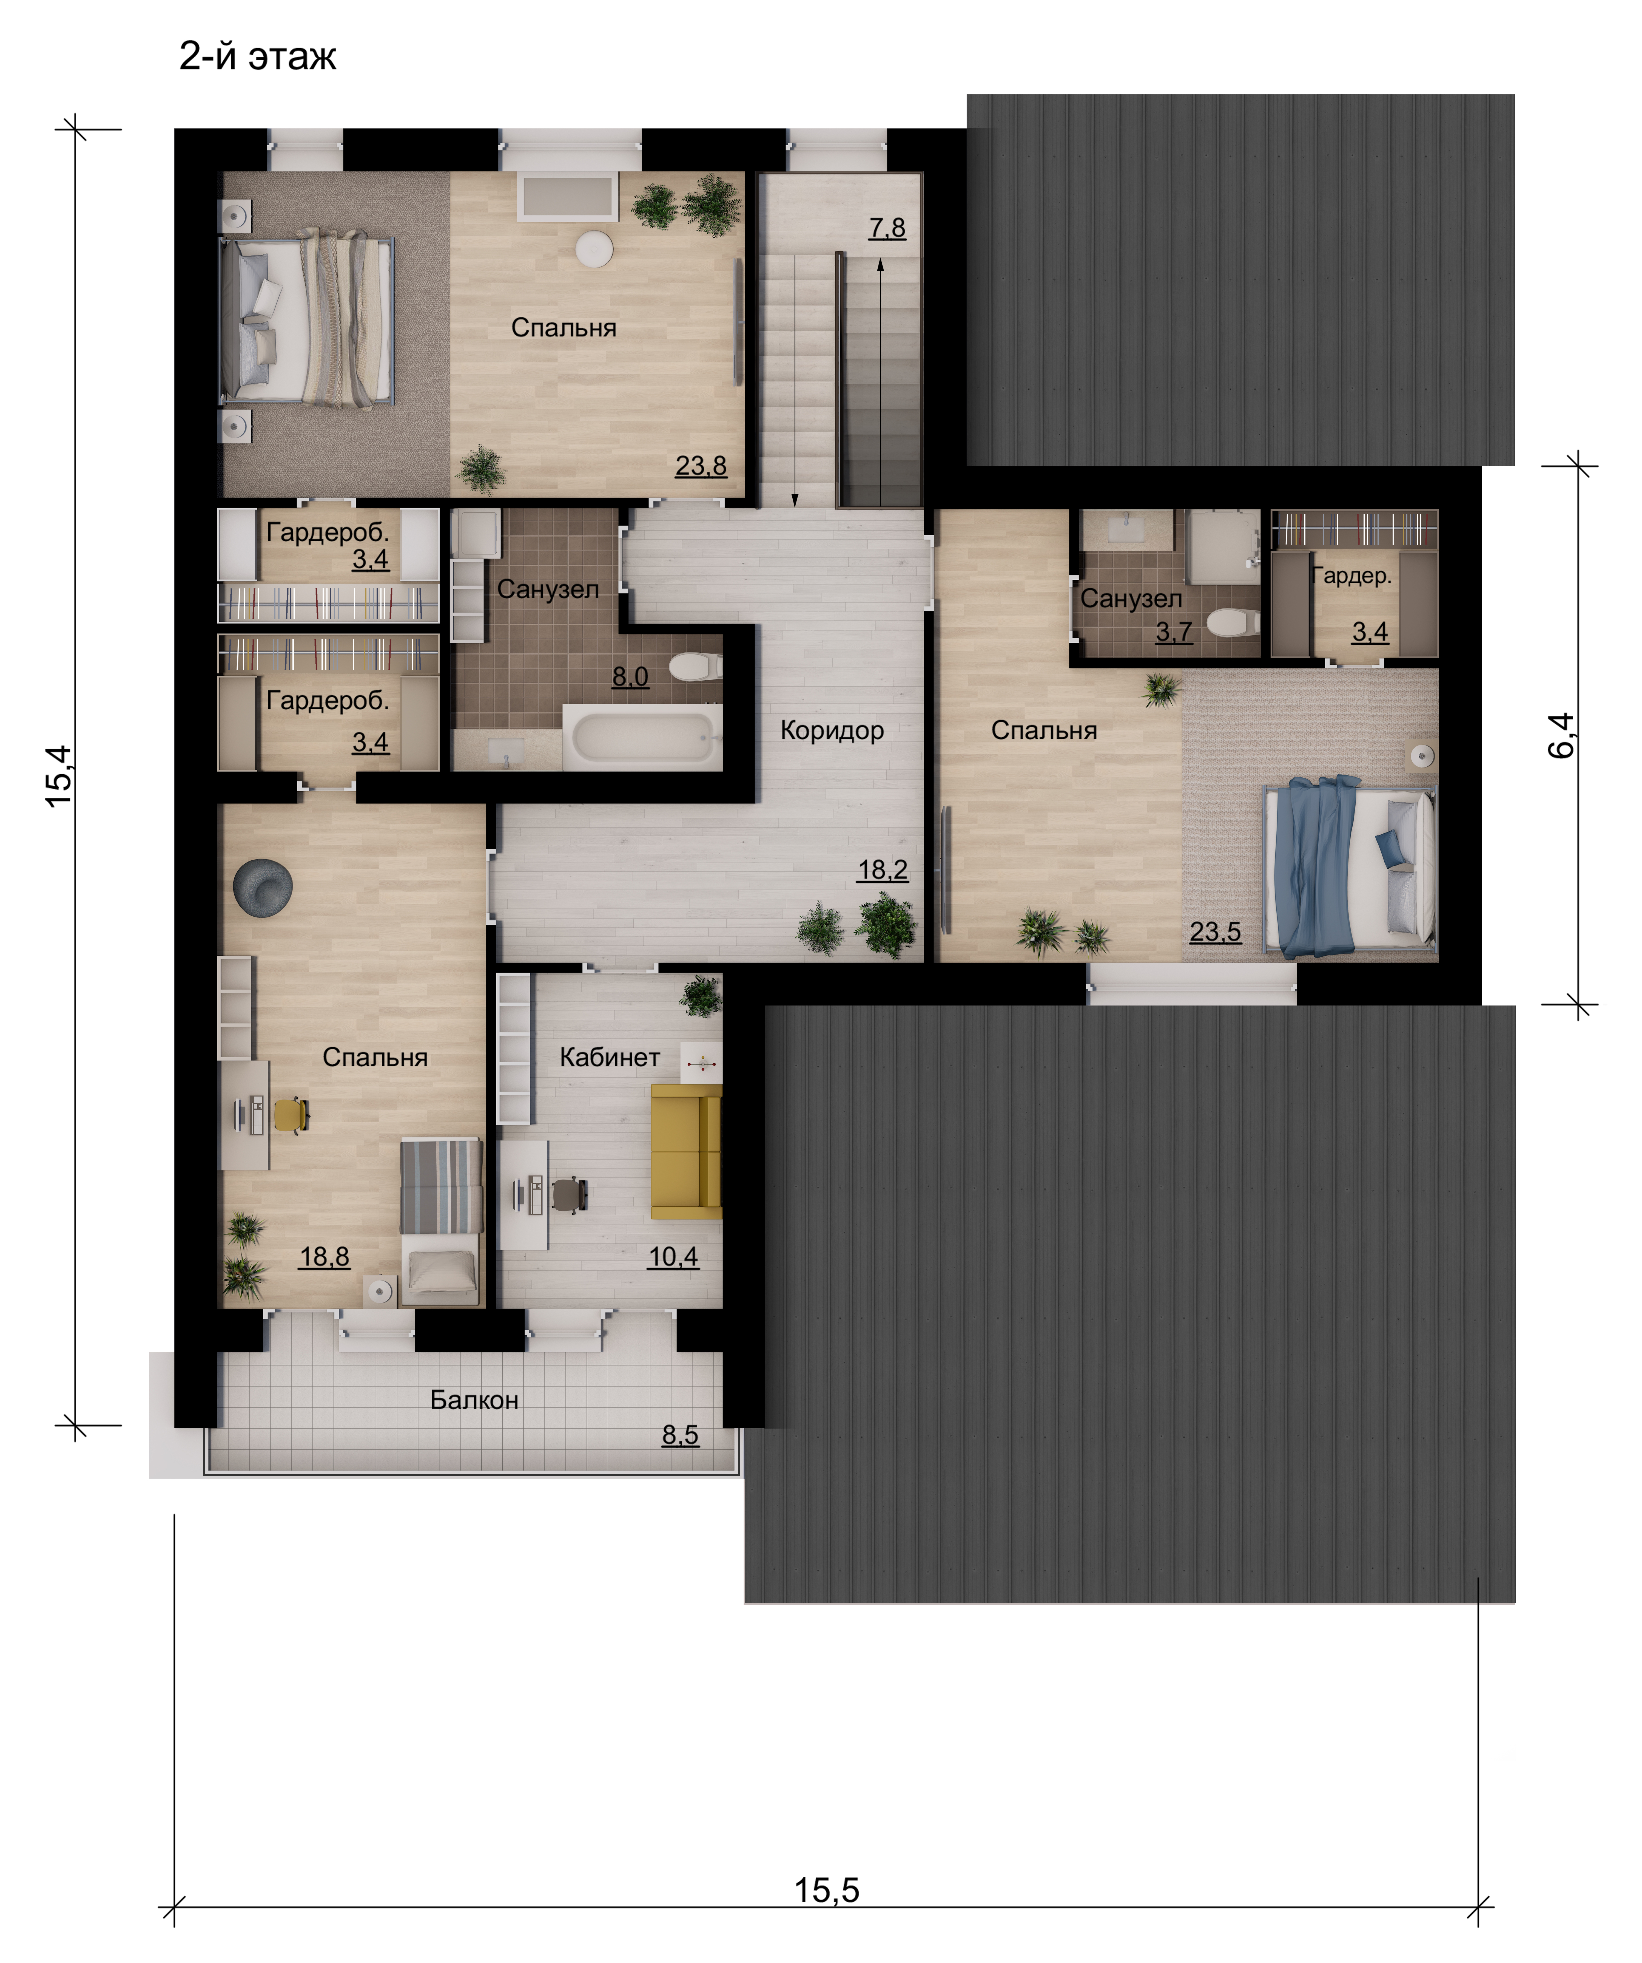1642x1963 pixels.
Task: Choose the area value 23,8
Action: [x=701, y=466]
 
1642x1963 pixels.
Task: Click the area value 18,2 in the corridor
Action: [x=882, y=870]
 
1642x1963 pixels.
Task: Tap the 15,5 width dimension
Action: [x=826, y=1890]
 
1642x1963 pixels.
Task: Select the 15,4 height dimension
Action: [x=58, y=776]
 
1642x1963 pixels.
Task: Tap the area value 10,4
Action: [x=673, y=1257]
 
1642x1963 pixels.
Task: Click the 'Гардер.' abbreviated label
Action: [x=1351, y=576]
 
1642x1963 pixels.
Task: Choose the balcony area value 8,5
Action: [x=680, y=1435]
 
